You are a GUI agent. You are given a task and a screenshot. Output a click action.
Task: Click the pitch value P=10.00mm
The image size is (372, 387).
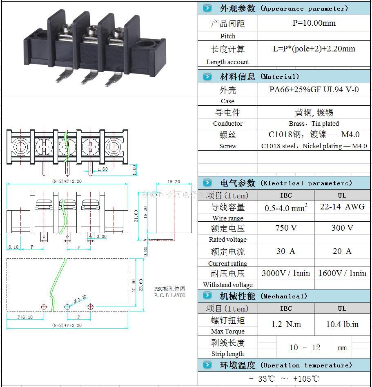click(314, 23)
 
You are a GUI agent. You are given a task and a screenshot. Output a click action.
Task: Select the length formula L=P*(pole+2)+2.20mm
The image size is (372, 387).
click(314, 49)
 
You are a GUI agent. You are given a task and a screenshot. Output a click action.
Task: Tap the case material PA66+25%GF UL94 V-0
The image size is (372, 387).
click(314, 89)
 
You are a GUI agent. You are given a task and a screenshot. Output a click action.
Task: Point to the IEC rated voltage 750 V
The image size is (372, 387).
click(286, 228)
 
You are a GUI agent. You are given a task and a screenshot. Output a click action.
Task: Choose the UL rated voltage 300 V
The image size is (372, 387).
click(342, 228)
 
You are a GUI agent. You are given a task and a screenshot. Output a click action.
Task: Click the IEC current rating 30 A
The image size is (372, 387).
click(286, 251)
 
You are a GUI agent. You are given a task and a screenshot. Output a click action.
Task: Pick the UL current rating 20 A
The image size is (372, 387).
click(342, 251)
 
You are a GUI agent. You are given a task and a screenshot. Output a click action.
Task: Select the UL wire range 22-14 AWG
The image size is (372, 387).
click(342, 207)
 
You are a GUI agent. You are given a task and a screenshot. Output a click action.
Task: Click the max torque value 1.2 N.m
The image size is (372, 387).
click(286, 324)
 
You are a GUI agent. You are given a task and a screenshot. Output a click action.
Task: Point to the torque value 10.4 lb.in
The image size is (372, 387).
click(342, 324)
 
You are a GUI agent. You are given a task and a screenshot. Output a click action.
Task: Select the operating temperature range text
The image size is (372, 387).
click(284, 378)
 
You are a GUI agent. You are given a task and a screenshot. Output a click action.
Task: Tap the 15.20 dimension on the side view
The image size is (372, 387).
click(174, 182)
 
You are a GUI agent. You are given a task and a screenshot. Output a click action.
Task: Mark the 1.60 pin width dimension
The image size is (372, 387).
click(102, 169)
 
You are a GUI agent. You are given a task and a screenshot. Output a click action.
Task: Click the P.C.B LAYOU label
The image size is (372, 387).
click(169, 295)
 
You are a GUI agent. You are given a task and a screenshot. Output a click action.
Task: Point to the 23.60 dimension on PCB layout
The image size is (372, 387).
click(141, 285)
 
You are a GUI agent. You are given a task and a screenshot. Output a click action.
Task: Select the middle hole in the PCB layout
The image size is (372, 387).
click(67, 307)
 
